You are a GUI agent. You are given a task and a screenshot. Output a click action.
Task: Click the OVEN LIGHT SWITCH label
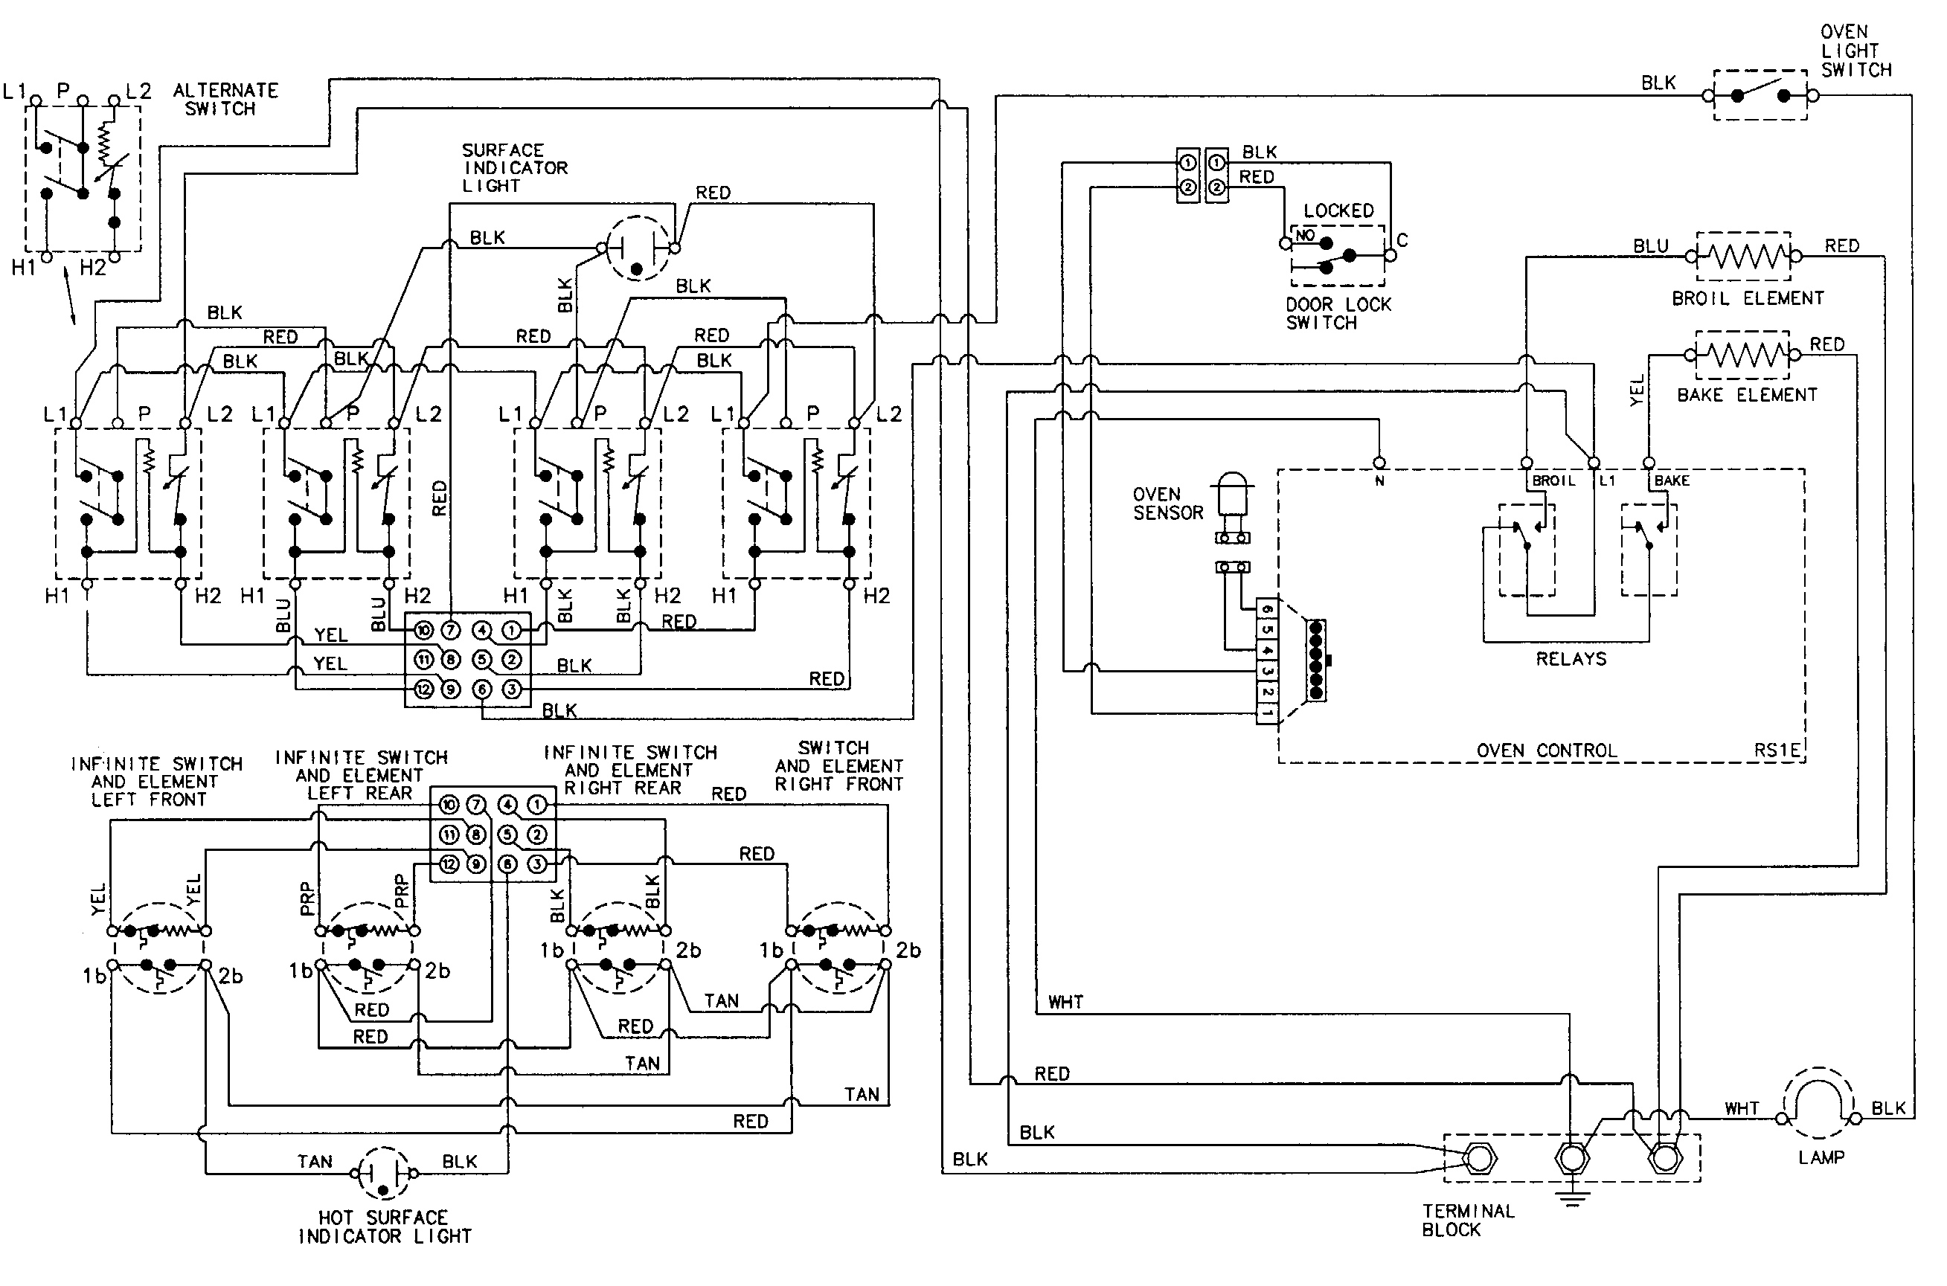[x=1855, y=51]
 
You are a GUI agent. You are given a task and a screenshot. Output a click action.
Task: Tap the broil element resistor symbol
[x=1743, y=257]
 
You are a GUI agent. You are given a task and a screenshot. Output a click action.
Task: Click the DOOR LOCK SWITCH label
[x=1338, y=313]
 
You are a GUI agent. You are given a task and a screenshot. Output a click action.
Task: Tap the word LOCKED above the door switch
[x=1338, y=210]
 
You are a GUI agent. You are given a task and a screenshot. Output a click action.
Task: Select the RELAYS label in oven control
[x=1571, y=658]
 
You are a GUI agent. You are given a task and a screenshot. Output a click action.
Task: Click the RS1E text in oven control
[x=1777, y=750]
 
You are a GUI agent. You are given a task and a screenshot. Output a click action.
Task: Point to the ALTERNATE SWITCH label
[x=225, y=99]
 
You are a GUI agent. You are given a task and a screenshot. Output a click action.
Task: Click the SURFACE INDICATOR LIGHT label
[x=513, y=168]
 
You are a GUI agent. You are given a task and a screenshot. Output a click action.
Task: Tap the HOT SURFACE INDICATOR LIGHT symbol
[x=383, y=1173]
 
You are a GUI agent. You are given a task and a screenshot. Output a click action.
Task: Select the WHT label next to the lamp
[x=1741, y=1109]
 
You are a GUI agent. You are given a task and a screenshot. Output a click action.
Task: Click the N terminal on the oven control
[x=1379, y=463]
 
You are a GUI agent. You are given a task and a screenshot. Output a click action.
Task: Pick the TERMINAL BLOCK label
[x=1467, y=1220]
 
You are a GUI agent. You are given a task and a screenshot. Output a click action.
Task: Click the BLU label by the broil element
[x=1650, y=246]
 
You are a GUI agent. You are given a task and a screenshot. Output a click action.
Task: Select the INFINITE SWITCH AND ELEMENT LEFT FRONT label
[x=155, y=782]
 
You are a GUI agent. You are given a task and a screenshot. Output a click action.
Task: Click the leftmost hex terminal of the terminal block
[x=1479, y=1159]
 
